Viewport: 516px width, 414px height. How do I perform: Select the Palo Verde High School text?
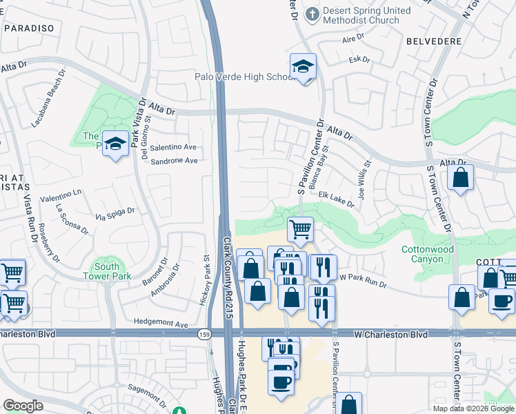pos(246,77)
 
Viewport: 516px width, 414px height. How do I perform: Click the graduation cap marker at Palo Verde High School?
pos(302,67)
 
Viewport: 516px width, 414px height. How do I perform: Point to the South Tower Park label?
pos(107,271)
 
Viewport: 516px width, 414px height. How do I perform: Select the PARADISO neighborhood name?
pos(28,28)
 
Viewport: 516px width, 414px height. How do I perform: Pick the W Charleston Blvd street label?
pos(391,334)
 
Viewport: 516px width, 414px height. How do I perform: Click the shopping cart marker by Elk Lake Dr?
pos(300,229)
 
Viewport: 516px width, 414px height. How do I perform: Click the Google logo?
pos(23,406)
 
